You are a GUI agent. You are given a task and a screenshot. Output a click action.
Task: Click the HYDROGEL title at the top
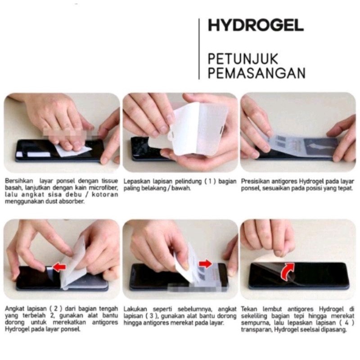tap(255, 26)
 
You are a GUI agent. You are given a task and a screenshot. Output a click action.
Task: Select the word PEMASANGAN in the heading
tap(256, 73)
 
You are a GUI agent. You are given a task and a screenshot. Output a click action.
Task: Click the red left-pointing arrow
tap(59, 267)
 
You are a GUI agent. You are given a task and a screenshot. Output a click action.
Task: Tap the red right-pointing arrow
tap(206, 263)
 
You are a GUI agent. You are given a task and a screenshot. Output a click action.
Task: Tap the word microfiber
tap(105, 188)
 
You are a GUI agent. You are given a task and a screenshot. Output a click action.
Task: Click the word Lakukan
tap(134, 310)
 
